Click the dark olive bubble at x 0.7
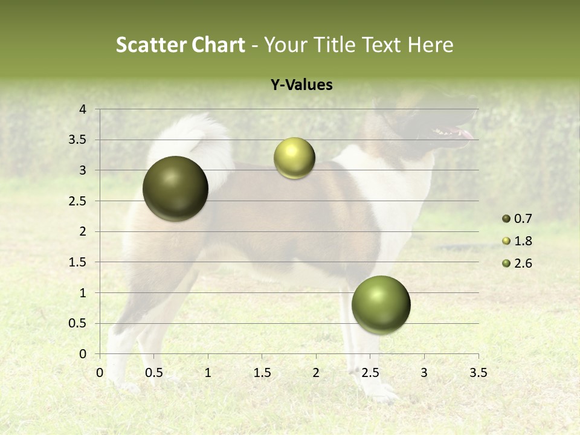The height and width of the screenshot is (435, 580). click(176, 188)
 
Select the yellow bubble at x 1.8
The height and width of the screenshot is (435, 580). click(294, 158)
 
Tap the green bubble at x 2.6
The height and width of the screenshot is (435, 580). click(381, 304)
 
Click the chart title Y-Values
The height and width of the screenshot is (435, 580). click(301, 85)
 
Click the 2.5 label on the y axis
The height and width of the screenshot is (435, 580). click(78, 201)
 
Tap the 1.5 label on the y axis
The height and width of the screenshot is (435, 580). click(78, 262)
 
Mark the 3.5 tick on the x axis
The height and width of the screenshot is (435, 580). click(478, 373)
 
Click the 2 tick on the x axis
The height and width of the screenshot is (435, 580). click(316, 373)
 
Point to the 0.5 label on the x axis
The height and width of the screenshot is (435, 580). click(154, 373)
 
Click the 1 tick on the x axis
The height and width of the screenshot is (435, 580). click(208, 373)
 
